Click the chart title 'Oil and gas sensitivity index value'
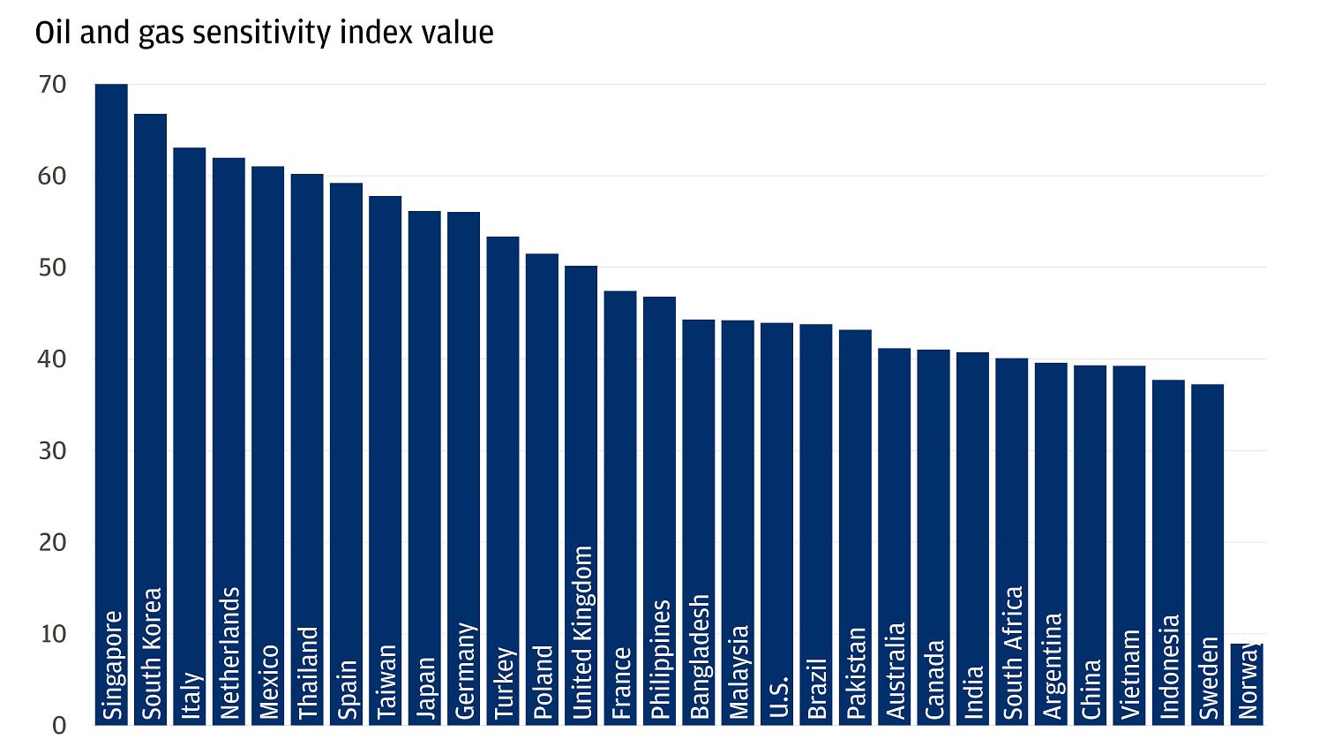click(264, 33)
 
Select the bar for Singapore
click(111, 353)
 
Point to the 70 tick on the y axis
click(52, 85)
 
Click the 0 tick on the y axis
click(58, 726)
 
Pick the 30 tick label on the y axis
click(52, 451)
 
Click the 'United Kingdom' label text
click(581, 632)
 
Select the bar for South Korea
click(150, 371)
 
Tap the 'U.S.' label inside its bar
click(777, 697)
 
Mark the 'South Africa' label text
click(1013, 653)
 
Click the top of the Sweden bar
click(1207, 386)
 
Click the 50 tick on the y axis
click(52, 268)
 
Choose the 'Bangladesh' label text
click(699, 656)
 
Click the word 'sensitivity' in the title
click(301, 33)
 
